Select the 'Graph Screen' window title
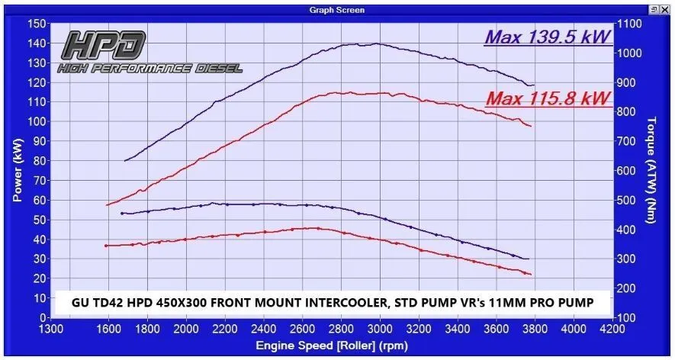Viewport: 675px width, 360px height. (337, 10)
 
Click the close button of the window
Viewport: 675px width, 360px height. (666, 10)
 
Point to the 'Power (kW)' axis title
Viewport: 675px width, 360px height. (17, 169)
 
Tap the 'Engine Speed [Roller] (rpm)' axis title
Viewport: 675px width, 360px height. (327, 346)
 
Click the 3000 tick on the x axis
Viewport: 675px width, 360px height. (380, 329)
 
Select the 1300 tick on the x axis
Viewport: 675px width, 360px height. (51, 329)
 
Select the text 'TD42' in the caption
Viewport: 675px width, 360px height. (98, 302)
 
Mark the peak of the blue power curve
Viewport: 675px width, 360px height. (374, 43)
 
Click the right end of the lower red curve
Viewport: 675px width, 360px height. (529, 275)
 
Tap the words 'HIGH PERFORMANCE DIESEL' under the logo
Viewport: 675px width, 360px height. (150, 69)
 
